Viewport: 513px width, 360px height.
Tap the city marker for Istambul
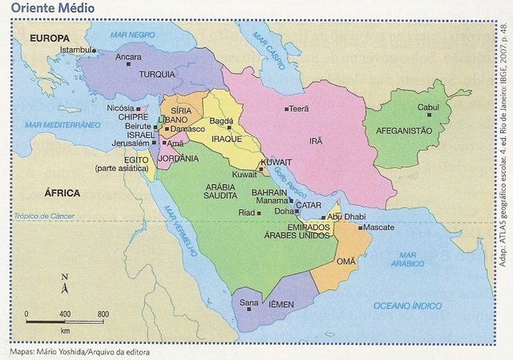pos(94,51)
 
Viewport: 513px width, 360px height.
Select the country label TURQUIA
pos(157,75)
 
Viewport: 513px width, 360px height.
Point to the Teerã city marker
pos(286,109)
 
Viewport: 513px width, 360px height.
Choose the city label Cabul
pos(428,107)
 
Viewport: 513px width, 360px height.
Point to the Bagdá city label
pos(221,121)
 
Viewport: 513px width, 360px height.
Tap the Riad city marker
pos(259,212)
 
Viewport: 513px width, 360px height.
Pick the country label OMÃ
pos(346,261)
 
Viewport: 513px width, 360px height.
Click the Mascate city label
pos(378,228)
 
